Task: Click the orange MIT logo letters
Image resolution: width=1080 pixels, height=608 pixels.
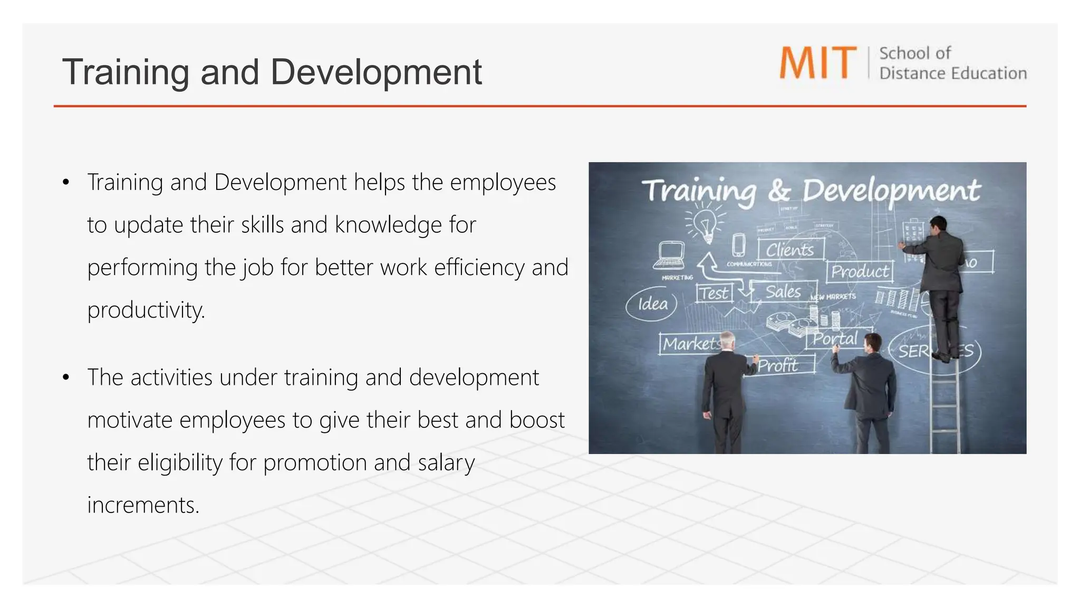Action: click(x=818, y=63)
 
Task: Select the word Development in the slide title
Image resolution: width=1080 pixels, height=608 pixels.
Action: click(x=376, y=72)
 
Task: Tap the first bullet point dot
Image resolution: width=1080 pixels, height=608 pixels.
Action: click(x=66, y=183)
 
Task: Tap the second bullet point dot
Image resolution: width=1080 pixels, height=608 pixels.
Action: click(x=66, y=378)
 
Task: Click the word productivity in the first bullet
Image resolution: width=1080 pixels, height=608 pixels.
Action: click(x=146, y=310)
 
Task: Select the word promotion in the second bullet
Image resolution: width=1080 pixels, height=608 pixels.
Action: click(x=315, y=463)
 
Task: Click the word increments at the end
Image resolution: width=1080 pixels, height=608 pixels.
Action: click(x=143, y=505)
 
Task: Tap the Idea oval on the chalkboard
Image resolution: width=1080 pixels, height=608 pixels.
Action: click(x=652, y=304)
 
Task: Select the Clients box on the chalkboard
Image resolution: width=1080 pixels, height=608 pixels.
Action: click(x=790, y=249)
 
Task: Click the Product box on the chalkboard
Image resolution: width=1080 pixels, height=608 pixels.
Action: click(x=860, y=271)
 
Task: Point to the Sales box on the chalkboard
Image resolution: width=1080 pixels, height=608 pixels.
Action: click(x=783, y=291)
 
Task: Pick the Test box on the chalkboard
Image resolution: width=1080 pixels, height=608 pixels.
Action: click(x=715, y=293)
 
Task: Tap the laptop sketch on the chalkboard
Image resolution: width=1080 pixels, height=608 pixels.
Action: click(x=670, y=254)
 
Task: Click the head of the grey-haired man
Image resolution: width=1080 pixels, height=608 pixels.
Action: click(x=728, y=340)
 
